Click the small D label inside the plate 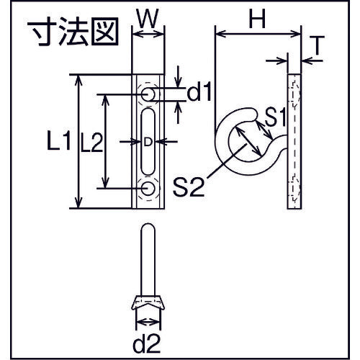(x=148, y=142)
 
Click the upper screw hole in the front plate (x=148, y=94)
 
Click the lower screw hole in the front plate (x=148, y=189)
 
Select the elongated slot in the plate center (x=148, y=141)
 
